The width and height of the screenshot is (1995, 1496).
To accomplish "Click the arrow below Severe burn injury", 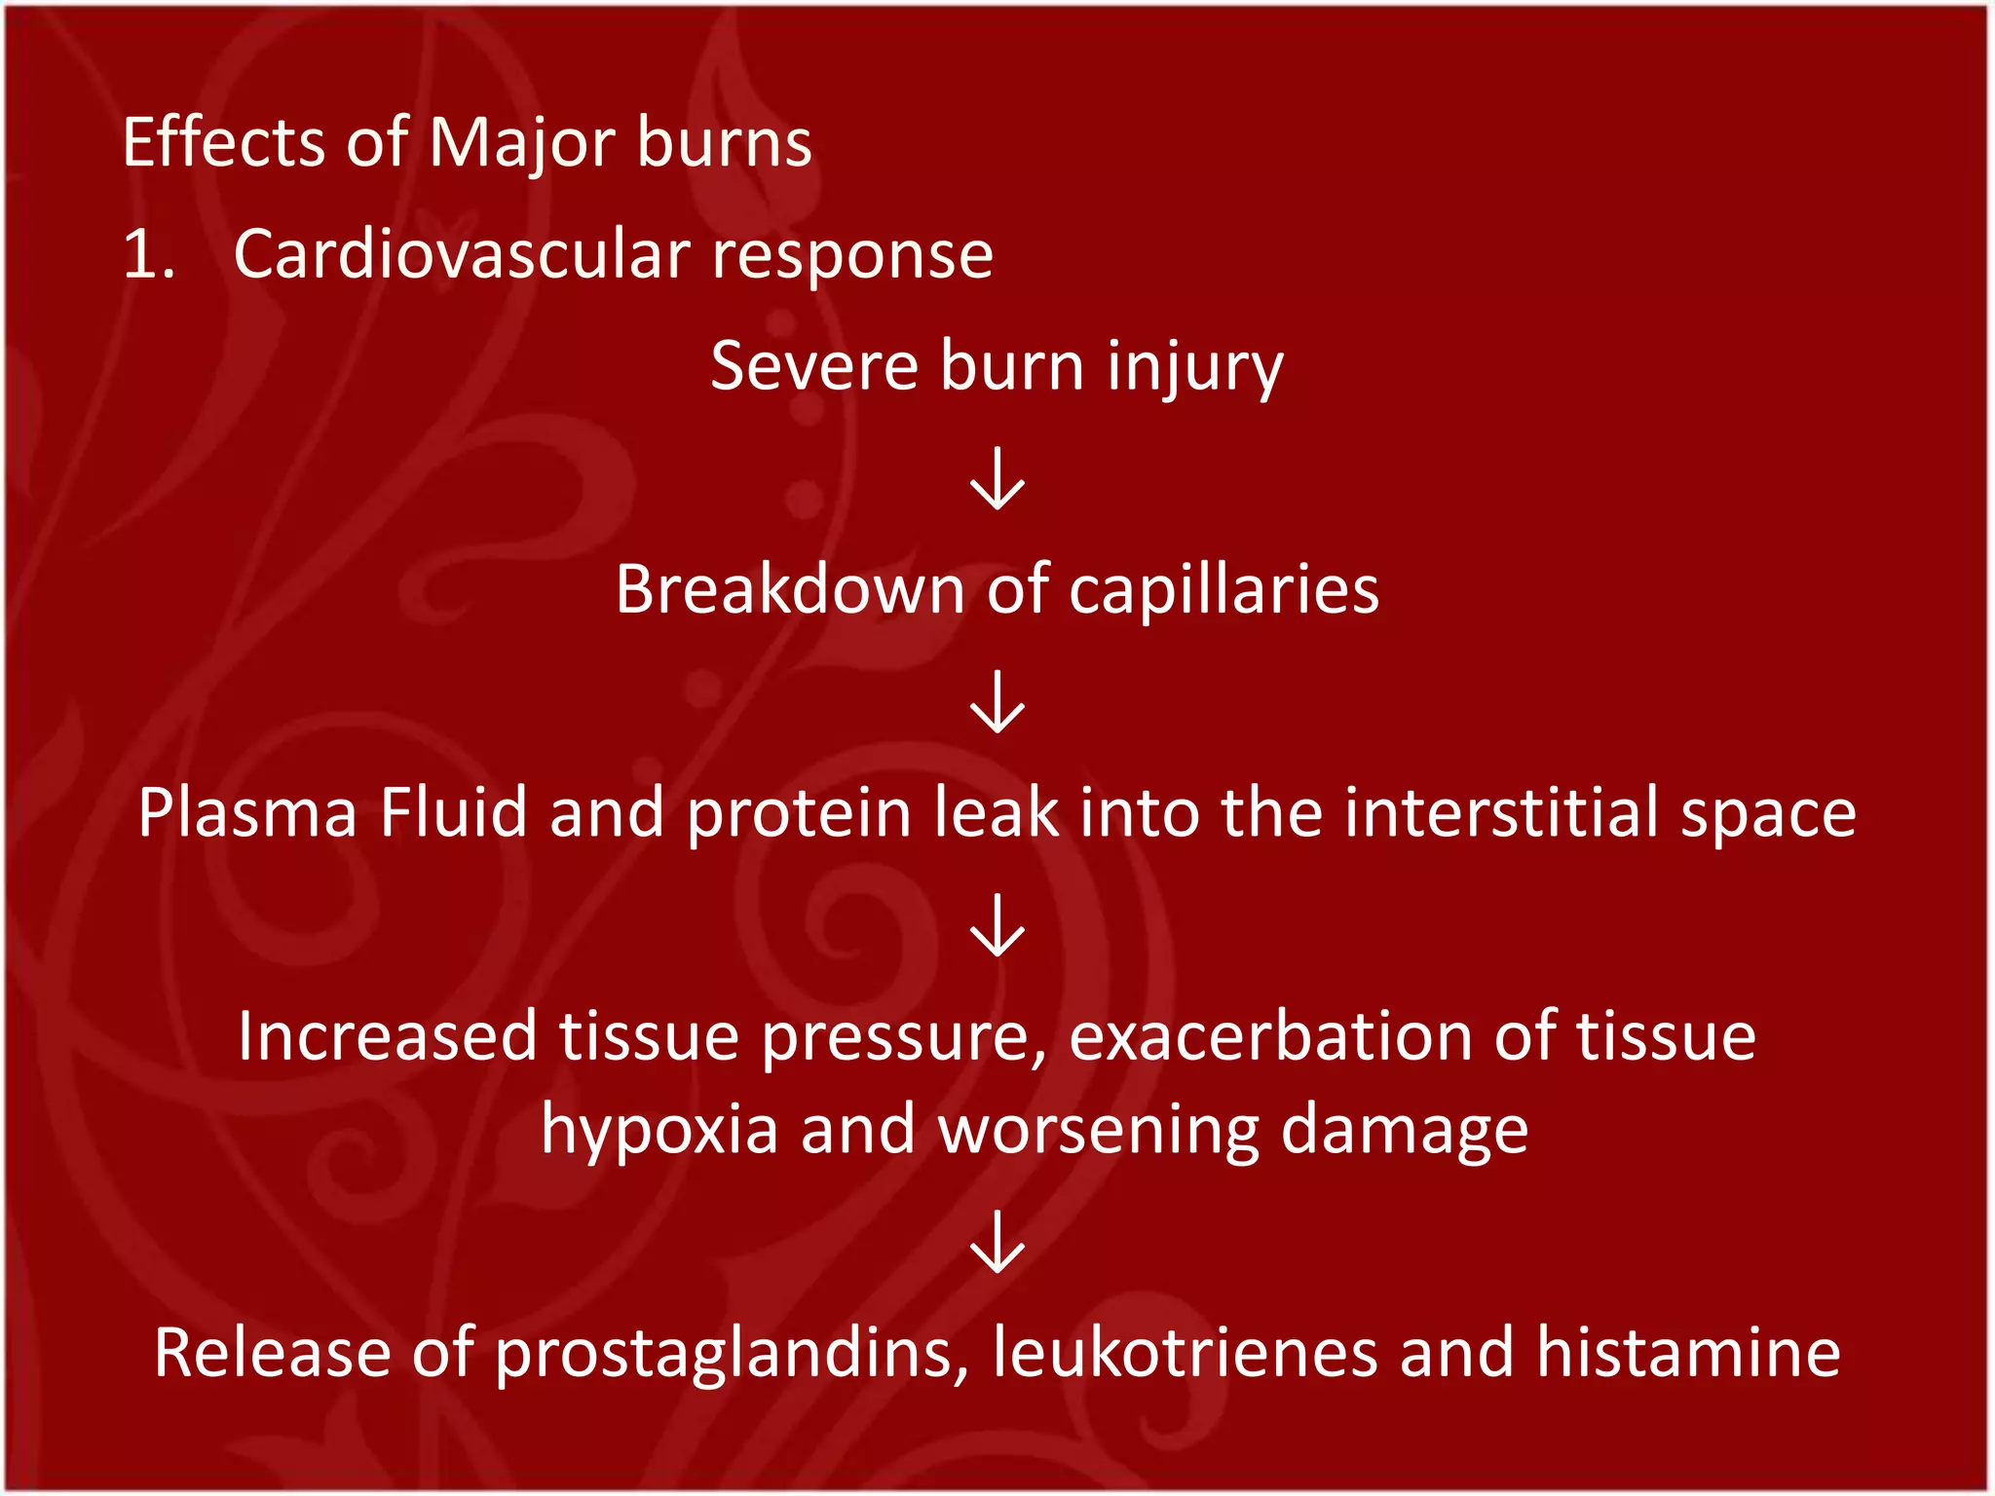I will click(x=997, y=478).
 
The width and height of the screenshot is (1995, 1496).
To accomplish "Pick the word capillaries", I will click(x=1223, y=591).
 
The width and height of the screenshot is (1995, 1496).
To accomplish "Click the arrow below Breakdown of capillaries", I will click(x=997, y=701).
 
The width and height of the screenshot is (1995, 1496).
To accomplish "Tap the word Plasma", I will click(x=247, y=812).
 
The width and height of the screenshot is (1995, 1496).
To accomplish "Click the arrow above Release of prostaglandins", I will click(x=997, y=1241).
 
